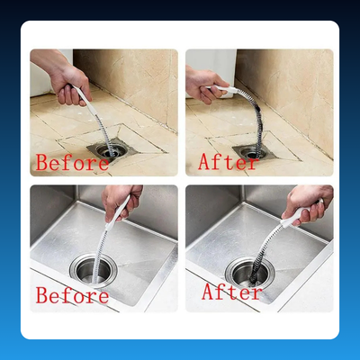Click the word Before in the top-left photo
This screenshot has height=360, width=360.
click(x=72, y=162)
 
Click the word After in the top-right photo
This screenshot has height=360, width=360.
click(x=228, y=162)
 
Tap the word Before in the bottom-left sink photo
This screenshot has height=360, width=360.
click(x=72, y=295)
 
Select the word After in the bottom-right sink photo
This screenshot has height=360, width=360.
click(x=232, y=292)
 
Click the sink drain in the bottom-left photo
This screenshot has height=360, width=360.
click(x=94, y=271)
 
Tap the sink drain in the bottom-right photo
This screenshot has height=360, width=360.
click(x=250, y=273)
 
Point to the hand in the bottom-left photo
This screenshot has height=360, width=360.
click(x=120, y=202)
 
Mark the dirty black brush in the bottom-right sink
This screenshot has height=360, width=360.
click(x=264, y=255)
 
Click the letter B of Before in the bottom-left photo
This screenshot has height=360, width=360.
click(x=41, y=295)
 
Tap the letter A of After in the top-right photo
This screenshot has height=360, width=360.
click(x=205, y=161)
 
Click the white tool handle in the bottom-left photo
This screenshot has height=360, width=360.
click(x=118, y=213)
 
